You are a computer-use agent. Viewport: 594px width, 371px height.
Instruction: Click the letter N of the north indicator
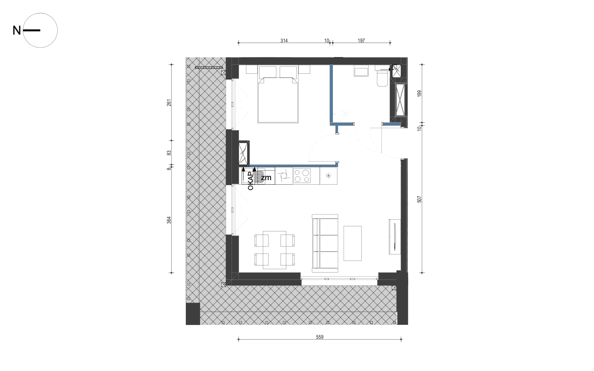(16, 31)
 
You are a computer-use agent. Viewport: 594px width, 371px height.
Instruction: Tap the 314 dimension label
(284, 40)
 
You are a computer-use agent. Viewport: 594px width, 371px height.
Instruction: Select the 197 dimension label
(361, 40)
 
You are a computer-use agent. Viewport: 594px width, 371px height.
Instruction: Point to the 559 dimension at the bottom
(320, 337)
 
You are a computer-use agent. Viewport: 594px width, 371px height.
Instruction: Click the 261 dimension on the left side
(169, 103)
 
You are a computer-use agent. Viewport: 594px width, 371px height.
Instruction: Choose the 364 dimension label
(169, 220)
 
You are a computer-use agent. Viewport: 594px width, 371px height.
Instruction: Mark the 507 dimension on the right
(419, 199)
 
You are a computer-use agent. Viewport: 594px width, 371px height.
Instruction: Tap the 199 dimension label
(419, 94)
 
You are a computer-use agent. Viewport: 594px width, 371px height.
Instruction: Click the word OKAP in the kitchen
(250, 181)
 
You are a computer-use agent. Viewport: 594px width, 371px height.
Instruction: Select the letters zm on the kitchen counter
(266, 178)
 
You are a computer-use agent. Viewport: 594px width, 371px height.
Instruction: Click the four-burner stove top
(302, 176)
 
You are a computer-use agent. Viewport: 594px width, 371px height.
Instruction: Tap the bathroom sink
(361, 72)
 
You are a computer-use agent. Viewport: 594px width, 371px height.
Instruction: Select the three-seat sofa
(325, 243)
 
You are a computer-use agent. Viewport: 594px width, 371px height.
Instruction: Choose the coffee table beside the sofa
(353, 243)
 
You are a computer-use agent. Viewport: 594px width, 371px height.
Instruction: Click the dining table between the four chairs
(274, 250)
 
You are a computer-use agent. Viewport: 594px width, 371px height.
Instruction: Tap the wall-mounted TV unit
(395, 237)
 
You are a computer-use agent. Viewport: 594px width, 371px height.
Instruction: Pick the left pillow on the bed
(268, 72)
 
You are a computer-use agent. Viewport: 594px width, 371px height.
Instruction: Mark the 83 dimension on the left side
(169, 153)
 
